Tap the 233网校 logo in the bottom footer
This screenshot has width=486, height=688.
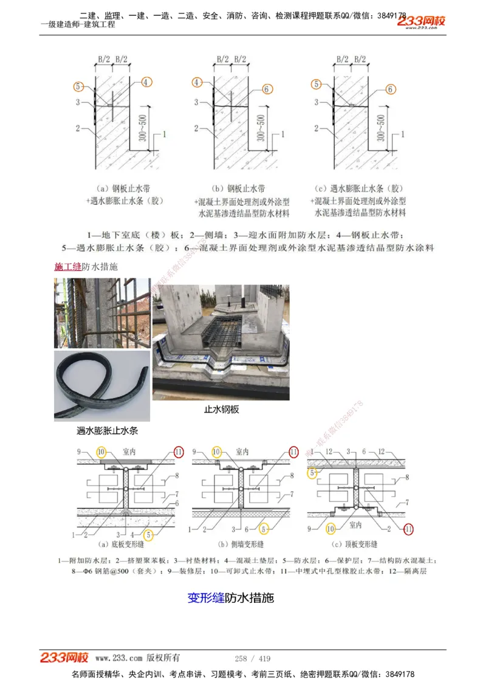pos(64,658)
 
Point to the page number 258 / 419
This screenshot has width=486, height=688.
pos(253,658)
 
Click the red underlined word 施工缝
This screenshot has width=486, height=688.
pos(68,266)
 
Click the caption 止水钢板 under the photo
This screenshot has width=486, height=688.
pos(221,410)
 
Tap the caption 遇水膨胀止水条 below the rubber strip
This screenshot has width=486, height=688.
pos(108,431)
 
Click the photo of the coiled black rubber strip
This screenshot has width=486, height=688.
pos(102,385)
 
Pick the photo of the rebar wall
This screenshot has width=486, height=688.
pos(102,313)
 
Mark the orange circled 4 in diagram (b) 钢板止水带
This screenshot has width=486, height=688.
pos(197,82)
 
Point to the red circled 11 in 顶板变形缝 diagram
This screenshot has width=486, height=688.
pos(408,529)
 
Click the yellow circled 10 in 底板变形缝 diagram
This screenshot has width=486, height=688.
pos(101,452)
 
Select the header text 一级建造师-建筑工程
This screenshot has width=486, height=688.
pos(77,25)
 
